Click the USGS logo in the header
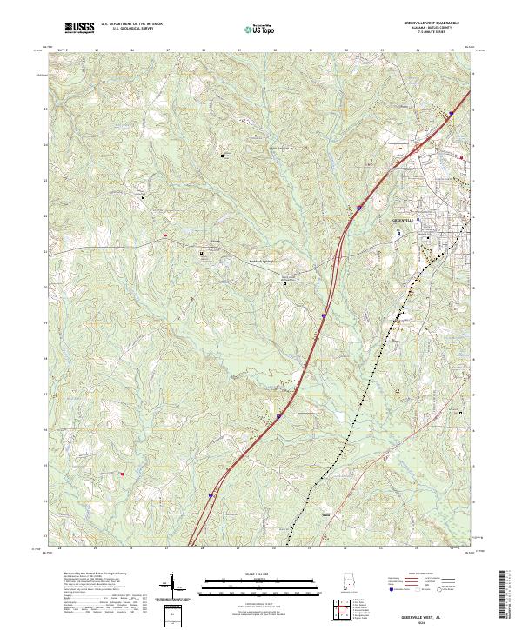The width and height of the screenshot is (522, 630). (79, 28)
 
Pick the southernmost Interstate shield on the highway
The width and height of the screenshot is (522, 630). (211, 496)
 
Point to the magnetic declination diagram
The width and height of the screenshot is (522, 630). (164, 588)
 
